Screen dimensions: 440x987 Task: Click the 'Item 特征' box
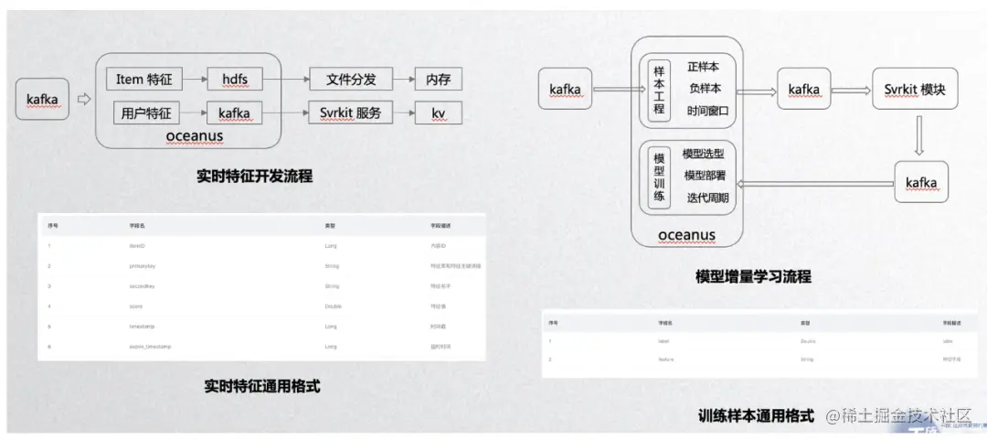click(144, 80)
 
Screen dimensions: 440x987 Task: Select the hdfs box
click(235, 80)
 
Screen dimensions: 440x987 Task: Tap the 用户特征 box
click(144, 113)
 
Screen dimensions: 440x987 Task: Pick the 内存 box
click(438, 80)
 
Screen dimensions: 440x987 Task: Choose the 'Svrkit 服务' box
click(350, 113)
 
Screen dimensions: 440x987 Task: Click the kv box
click(438, 113)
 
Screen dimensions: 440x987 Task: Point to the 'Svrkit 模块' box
click(920, 90)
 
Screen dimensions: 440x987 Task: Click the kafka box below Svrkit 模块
click(920, 183)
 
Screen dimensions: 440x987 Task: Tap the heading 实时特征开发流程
click(254, 176)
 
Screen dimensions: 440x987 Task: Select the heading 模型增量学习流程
click(752, 276)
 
